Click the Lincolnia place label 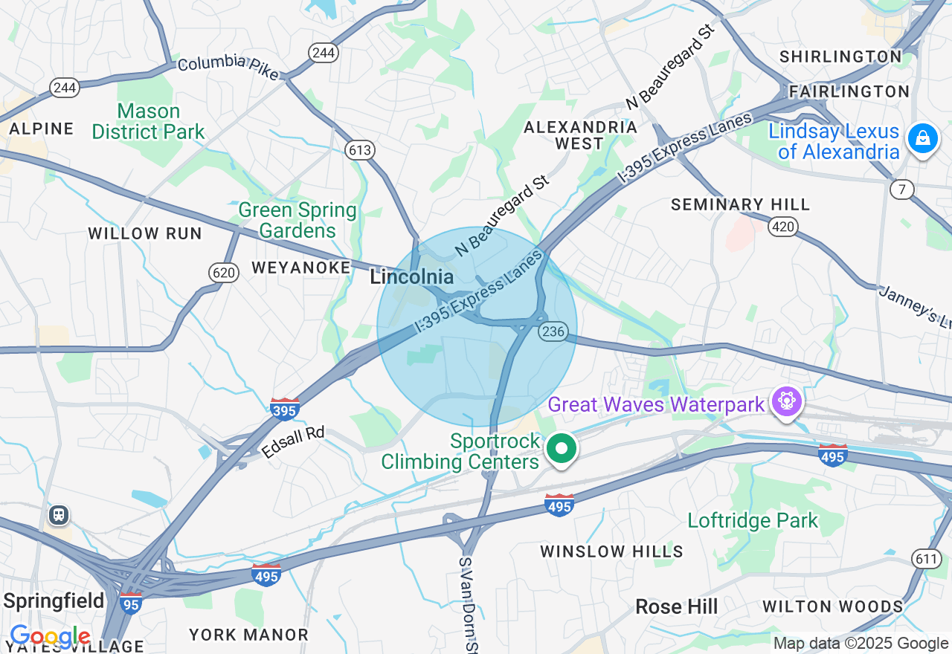(x=411, y=277)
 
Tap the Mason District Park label (x=148, y=122)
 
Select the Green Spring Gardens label (x=297, y=220)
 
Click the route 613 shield (x=359, y=150)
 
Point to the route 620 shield (x=224, y=273)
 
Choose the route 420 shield (x=783, y=227)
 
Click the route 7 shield (x=902, y=190)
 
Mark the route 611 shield (x=927, y=559)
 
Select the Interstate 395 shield (x=285, y=408)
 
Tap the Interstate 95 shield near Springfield (x=131, y=603)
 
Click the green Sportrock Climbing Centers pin (x=562, y=449)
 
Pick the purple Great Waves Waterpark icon (x=787, y=402)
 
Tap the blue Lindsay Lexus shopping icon (x=923, y=138)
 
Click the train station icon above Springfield (x=58, y=514)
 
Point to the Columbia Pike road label (x=228, y=67)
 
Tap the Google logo (x=50, y=637)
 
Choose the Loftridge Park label (x=753, y=520)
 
